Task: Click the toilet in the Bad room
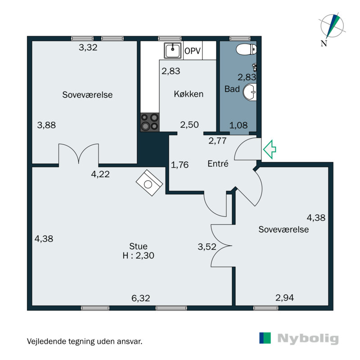pos(245,49)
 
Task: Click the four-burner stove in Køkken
pos(149,121)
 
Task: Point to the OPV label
pos(192,51)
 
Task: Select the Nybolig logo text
pos(308,338)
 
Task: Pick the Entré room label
pos(218,164)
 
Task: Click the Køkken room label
pos(189,94)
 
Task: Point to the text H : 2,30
pos(139,256)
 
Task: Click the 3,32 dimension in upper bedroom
pos(88,47)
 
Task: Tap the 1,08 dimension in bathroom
pos(238,125)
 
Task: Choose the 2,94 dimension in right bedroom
pos(284,297)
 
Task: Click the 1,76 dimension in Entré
pos(180,164)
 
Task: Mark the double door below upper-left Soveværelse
pos(79,153)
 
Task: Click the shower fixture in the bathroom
pos(255,67)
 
